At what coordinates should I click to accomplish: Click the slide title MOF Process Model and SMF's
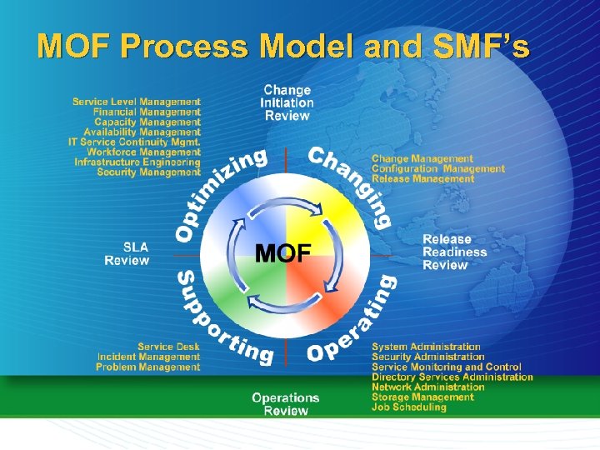tap(282, 47)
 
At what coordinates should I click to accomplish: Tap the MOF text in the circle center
tap(283, 252)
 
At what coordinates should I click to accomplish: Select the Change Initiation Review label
tap(287, 102)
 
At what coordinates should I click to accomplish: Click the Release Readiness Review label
tap(454, 252)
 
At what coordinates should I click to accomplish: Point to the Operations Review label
tap(285, 404)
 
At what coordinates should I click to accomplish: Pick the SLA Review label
tap(127, 254)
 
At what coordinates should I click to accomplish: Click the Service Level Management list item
tap(137, 102)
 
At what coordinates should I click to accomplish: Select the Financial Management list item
tap(147, 112)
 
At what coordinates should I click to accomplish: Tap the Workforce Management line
tap(143, 152)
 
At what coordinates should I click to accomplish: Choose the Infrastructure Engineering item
tap(137, 162)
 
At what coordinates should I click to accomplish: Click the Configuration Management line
tap(437, 168)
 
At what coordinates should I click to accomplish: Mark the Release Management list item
tap(422, 178)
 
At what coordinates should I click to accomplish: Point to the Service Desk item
tap(168, 347)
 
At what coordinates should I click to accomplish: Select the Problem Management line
tap(148, 367)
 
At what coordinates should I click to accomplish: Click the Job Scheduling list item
tap(408, 407)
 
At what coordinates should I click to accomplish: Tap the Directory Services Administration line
tap(452, 377)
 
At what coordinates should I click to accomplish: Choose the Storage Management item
tap(422, 397)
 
